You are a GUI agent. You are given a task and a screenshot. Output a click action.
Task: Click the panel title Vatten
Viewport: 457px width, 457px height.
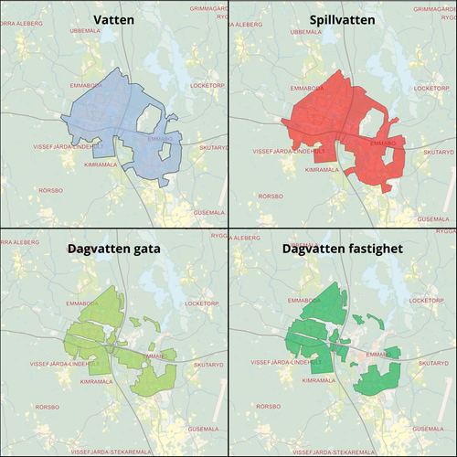(113, 19)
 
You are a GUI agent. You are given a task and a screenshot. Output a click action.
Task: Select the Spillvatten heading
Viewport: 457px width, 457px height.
(342, 19)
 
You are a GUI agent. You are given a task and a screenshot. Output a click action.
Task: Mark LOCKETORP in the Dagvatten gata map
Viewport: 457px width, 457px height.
(203, 303)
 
